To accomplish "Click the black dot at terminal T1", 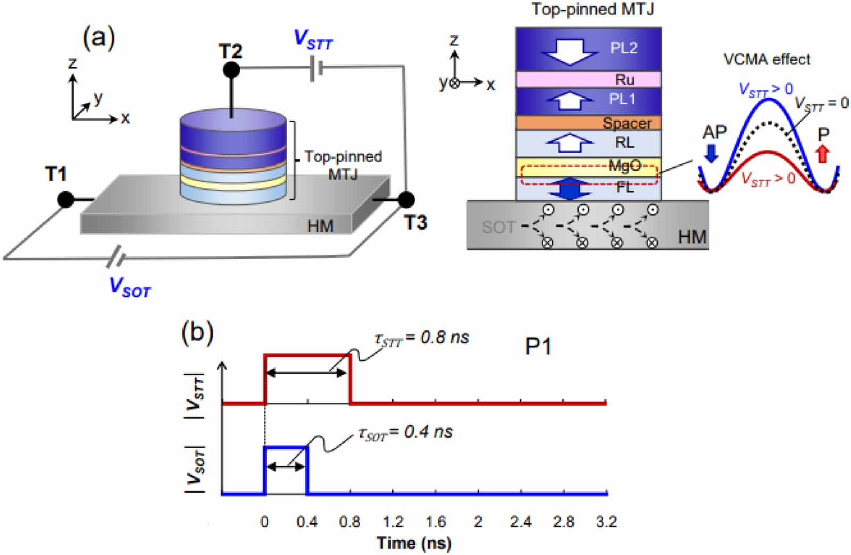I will (66, 199).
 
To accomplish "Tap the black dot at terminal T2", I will (231, 70).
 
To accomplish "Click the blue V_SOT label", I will (130, 287).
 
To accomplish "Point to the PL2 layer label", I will (623, 48).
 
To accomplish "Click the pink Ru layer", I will (588, 79).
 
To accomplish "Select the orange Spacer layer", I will (588, 123).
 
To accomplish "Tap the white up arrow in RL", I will (570, 142).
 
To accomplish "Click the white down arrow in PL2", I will (569, 50).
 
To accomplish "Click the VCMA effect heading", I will (766, 59).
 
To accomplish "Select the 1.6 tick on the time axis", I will (436, 522).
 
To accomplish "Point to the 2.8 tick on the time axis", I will (563, 522).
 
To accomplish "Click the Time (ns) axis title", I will (414, 543).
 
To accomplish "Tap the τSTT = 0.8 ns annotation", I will (422, 338).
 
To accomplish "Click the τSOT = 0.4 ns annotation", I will (405, 433).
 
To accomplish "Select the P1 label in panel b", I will (538, 347).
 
